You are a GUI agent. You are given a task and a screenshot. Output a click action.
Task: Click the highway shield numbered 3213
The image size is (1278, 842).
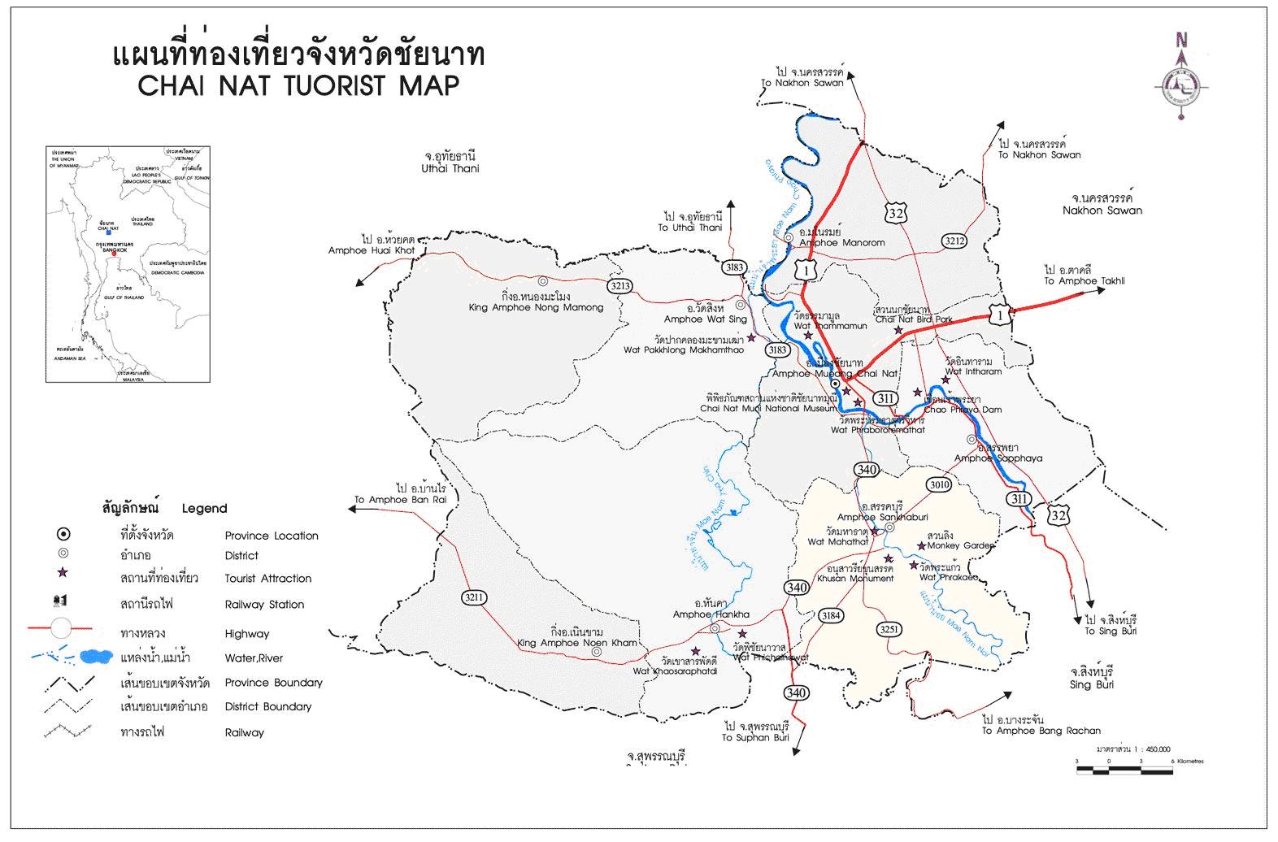[619, 286]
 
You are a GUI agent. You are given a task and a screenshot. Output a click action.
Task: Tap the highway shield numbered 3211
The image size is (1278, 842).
[474, 598]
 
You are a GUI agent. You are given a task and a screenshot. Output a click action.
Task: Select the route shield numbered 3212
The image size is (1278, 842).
[954, 241]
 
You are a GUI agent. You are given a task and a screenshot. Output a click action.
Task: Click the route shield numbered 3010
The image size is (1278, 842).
[939, 485]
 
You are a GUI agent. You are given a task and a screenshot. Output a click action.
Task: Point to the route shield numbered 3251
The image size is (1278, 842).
[889, 629]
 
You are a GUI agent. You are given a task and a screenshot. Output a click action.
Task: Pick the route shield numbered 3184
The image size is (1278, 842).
[830, 615]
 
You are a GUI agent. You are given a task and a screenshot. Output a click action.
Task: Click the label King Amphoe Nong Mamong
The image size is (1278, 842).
[537, 308]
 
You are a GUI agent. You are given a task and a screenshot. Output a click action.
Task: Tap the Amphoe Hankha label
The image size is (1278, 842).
[711, 614]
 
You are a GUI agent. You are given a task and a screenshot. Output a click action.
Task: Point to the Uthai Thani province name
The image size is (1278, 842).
[450, 168]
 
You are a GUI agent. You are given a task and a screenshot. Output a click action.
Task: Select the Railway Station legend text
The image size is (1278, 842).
[264, 605]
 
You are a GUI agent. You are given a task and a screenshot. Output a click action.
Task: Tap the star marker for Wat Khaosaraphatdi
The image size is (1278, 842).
[695, 651]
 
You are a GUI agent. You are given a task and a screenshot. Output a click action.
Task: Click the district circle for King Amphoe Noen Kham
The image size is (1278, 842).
[597, 651]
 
